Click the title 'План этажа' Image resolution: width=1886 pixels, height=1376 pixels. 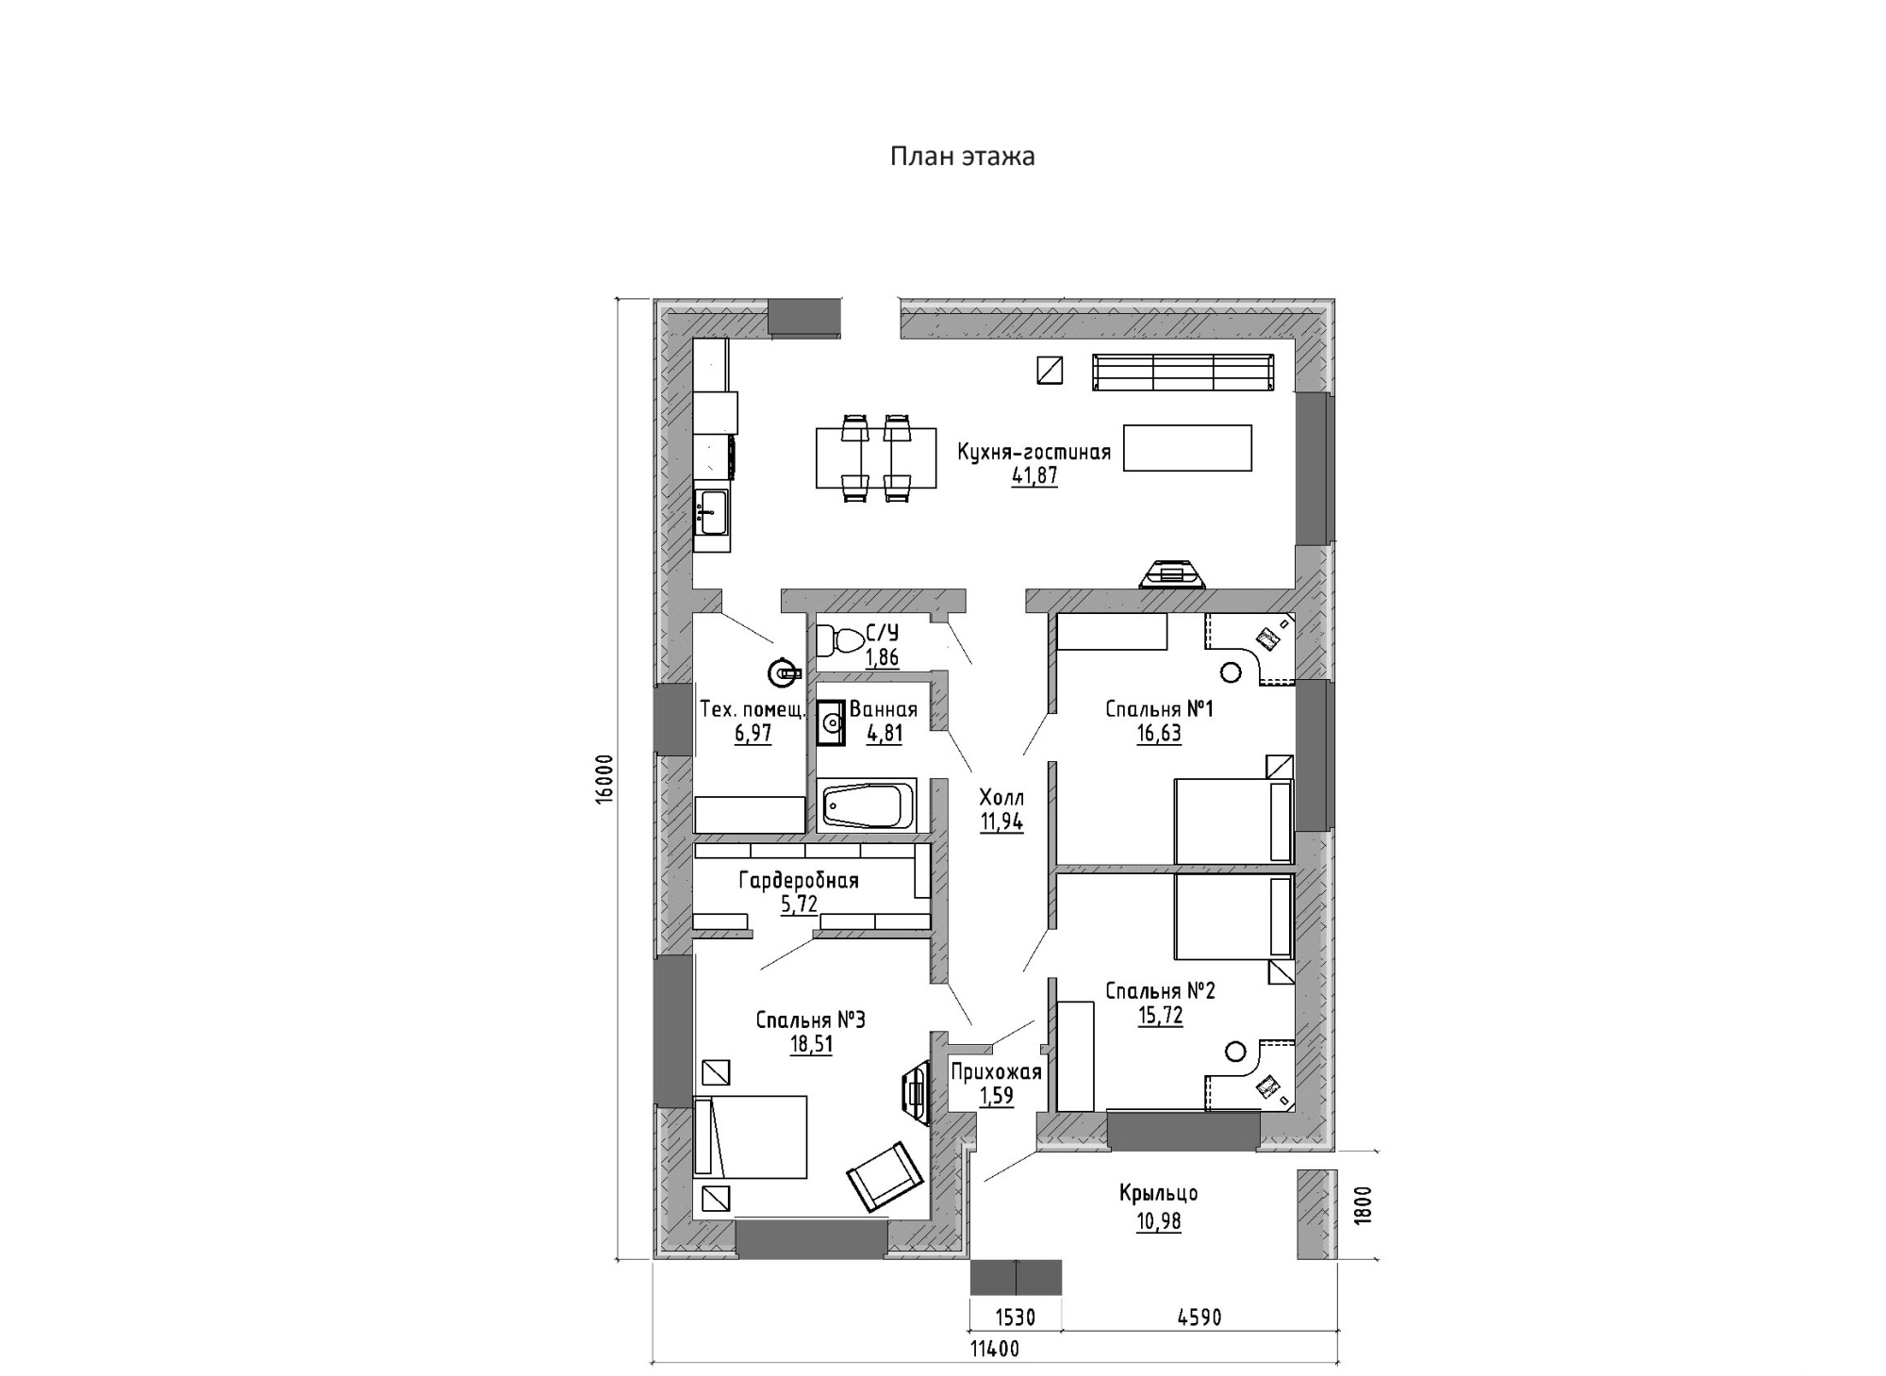pos(962,157)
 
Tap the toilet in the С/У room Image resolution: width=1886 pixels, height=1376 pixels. pos(837,640)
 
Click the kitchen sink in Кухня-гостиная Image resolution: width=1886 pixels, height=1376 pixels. pos(711,513)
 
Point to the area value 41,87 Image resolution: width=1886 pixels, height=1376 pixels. pos(1034,476)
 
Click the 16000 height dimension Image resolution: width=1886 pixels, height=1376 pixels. pos(604,778)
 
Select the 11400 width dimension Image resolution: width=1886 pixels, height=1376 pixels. pos(995,1350)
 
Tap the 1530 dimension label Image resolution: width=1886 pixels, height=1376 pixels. pos(1015,1317)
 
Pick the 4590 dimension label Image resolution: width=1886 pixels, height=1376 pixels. pos(1199,1317)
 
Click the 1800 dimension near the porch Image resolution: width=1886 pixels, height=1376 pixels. pos(1364,1204)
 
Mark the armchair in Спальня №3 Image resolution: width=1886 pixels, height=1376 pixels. pos(885,1175)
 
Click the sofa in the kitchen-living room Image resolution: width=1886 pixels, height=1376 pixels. pos(1183,372)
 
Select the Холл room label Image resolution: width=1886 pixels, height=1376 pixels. pos(1001,798)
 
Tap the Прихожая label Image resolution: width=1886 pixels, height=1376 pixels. pos(996,1072)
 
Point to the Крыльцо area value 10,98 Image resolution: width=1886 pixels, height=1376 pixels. pos(1158,1221)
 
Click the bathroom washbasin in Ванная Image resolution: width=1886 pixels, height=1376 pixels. pos(831,723)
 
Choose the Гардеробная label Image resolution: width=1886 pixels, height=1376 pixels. pos(798,881)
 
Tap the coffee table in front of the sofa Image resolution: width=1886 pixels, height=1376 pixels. pos(1187,447)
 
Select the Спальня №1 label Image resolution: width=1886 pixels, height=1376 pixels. pos(1159,708)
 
